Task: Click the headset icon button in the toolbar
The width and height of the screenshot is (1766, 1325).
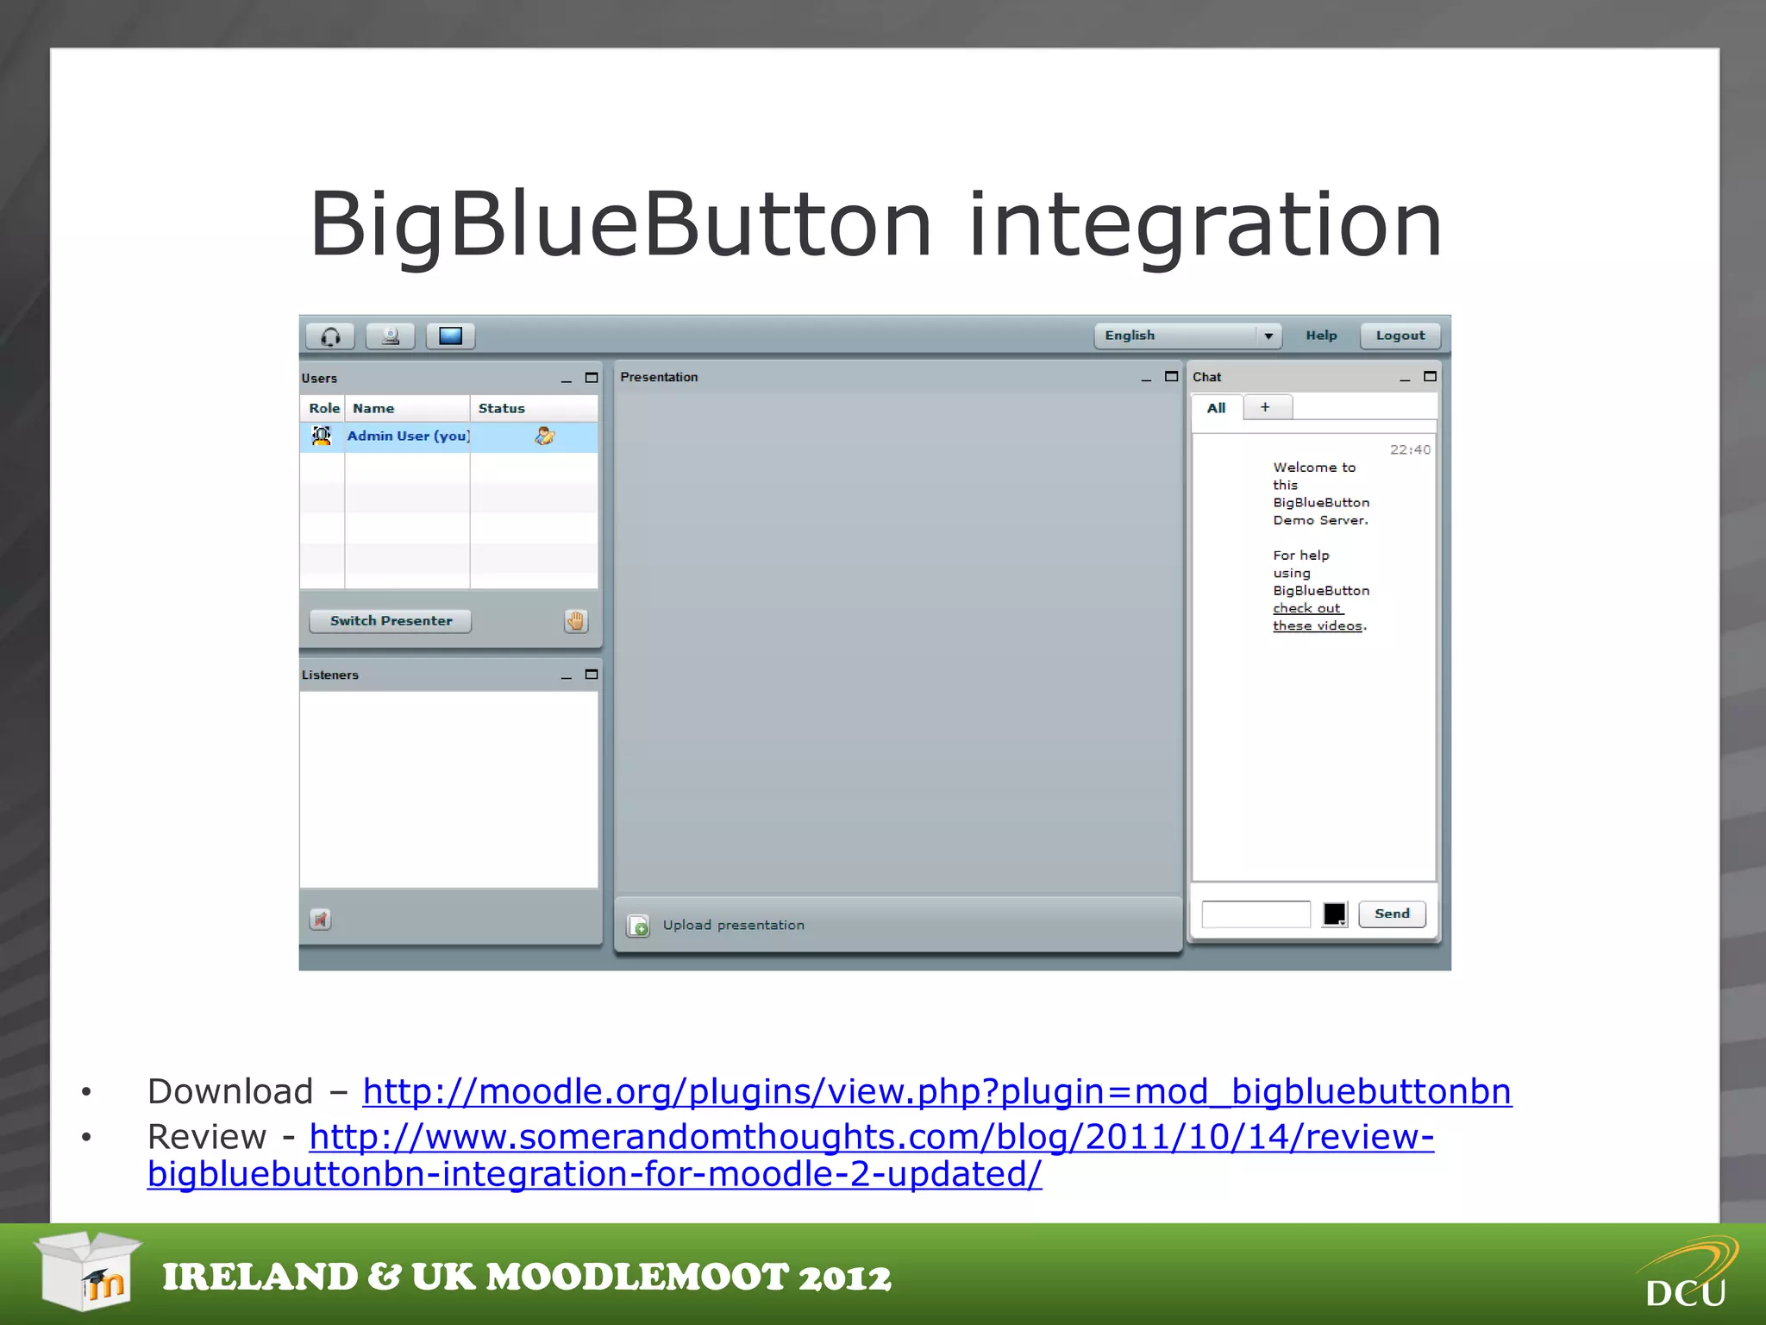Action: click(x=330, y=336)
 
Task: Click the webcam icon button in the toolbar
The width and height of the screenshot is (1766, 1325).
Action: click(x=390, y=336)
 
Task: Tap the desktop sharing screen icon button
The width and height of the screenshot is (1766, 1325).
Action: click(x=450, y=336)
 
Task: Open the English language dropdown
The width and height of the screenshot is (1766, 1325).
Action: click(x=1187, y=336)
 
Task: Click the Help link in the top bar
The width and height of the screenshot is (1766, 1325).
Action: click(x=1320, y=336)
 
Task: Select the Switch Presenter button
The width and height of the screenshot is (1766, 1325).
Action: click(x=391, y=621)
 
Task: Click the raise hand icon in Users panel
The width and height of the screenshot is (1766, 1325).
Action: click(x=576, y=621)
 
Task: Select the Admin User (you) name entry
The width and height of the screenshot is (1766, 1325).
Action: click(x=408, y=436)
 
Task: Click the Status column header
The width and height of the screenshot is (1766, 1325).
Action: click(x=502, y=409)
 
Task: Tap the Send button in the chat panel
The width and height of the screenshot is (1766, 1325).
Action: click(x=1391, y=914)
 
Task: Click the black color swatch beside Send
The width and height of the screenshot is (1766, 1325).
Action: click(x=1334, y=914)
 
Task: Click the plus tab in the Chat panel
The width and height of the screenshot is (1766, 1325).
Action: click(x=1265, y=407)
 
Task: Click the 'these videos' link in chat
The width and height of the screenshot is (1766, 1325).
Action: click(x=1317, y=626)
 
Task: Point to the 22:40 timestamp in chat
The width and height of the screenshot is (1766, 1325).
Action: click(x=1409, y=449)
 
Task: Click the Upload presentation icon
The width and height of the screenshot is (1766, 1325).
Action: click(x=638, y=926)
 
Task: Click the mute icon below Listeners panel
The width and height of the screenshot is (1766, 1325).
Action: click(x=320, y=920)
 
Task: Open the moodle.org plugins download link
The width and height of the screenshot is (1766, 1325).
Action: click(x=936, y=1092)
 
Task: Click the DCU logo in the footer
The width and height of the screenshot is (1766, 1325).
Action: click(x=1686, y=1276)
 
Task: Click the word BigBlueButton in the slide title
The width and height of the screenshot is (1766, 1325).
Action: click(x=620, y=225)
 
